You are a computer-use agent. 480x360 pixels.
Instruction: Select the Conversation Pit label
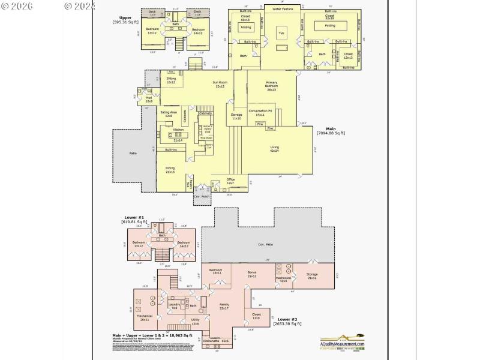coord(260,112)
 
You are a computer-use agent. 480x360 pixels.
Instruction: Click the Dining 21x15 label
coord(170,170)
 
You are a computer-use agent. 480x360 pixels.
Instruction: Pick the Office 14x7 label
coord(230,181)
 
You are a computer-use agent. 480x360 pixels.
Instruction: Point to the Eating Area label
coord(169,113)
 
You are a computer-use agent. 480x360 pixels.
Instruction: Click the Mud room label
coord(149,99)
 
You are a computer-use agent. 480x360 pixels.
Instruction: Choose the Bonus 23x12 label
coord(251,274)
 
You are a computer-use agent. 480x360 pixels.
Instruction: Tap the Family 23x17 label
coord(224,307)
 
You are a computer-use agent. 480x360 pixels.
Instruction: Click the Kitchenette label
coord(220,341)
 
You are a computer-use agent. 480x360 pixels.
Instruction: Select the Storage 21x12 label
coord(312,275)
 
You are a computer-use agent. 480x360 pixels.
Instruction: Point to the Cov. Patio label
coord(265,245)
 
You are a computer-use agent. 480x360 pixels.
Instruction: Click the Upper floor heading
coord(125,19)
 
